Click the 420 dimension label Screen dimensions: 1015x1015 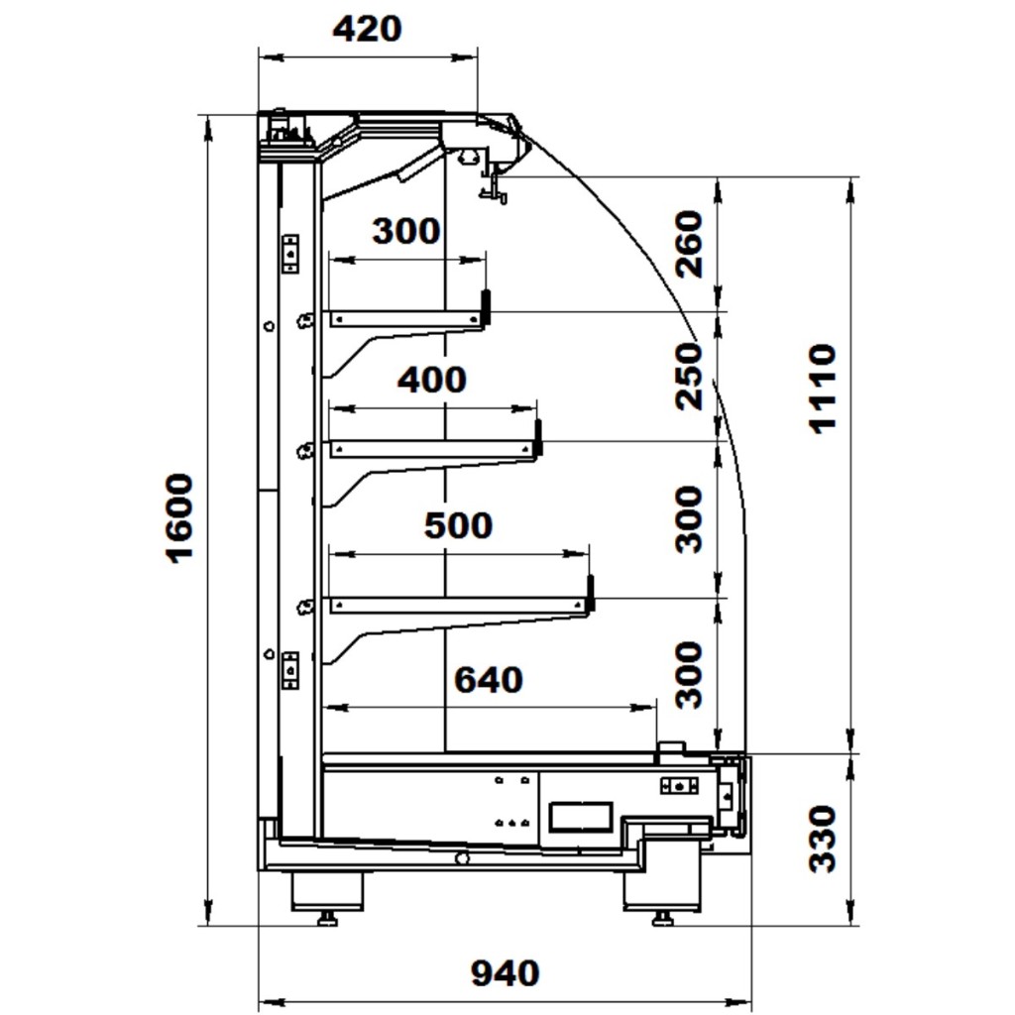367,29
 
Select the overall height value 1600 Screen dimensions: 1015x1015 179,517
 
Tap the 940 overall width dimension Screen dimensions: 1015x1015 505,973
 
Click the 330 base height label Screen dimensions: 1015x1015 823,839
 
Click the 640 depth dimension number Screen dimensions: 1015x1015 488,680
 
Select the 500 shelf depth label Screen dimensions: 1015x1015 458,525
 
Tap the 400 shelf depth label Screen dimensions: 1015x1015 431,380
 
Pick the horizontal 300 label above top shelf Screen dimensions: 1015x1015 405,231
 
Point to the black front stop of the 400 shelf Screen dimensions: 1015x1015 538,436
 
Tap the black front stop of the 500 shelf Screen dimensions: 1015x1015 591,592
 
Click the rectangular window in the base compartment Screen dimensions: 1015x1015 579,816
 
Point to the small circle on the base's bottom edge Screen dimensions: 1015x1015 462,858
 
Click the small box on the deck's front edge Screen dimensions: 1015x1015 671,749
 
